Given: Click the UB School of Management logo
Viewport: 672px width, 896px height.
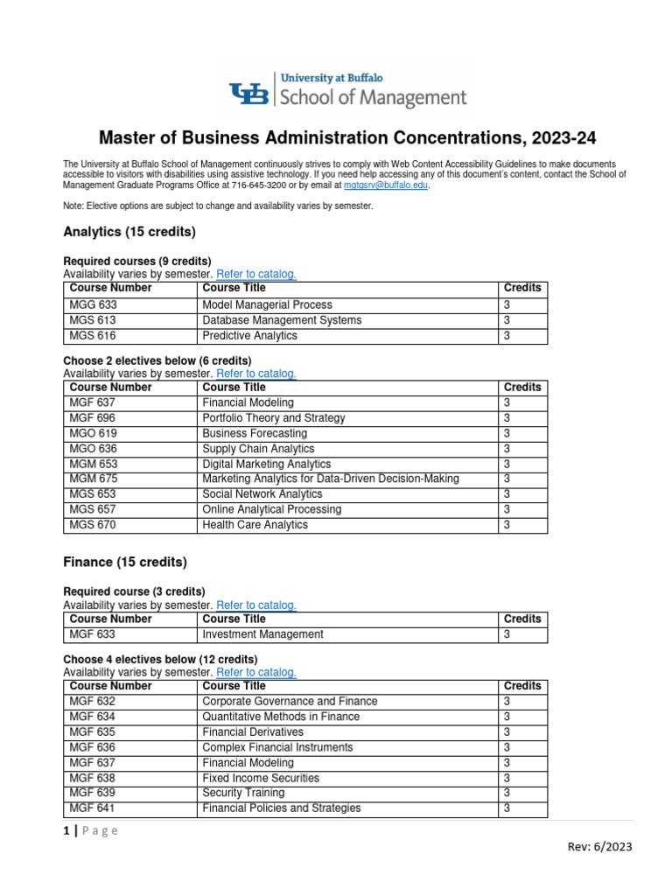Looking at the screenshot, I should point(347,91).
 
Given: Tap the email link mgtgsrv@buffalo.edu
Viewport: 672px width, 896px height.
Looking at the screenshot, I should point(386,185).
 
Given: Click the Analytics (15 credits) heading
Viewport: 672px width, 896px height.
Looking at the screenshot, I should point(129,232).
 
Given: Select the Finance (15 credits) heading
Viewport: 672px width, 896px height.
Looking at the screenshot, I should point(125,562).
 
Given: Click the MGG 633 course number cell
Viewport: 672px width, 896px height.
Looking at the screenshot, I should point(93,304).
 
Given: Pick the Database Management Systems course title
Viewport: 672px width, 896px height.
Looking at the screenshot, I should point(282,320).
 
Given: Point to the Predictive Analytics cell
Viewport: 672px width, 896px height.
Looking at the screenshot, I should point(249,336).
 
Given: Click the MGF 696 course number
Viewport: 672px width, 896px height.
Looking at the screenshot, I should point(93,418).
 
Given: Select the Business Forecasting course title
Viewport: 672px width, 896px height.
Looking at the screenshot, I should point(255,433).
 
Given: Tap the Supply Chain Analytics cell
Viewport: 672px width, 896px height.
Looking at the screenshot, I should point(258,449).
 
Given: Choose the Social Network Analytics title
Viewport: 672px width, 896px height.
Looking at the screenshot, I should point(262,494).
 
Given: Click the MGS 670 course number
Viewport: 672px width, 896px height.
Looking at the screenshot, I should point(93,525).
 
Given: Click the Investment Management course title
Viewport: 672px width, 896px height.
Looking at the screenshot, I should point(262,634).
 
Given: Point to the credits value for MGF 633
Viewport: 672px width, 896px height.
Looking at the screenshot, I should point(507,634).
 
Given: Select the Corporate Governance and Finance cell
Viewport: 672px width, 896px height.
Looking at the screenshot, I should point(290,701).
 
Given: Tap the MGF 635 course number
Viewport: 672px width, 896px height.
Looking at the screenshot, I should point(92,731).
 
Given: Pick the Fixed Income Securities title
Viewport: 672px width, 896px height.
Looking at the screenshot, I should point(260,778).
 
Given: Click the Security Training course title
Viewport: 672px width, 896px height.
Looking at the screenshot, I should point(243,793).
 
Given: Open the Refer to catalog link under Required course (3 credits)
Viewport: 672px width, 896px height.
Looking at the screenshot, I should point(256,605).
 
